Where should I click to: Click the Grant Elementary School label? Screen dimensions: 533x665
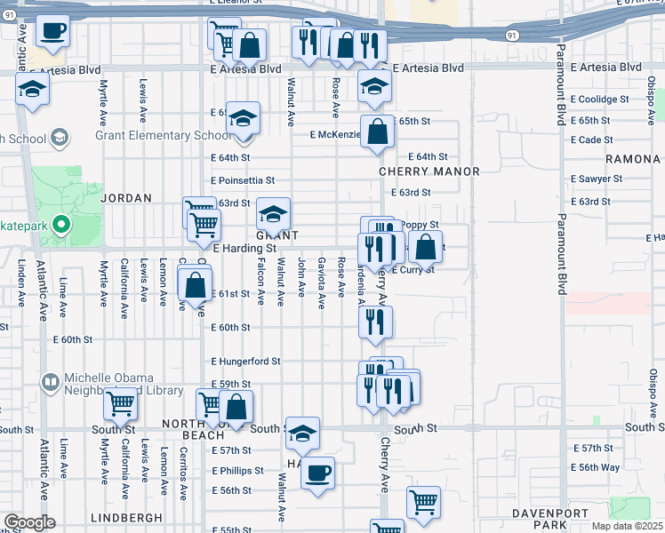164,136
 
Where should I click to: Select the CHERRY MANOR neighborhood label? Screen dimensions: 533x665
429,171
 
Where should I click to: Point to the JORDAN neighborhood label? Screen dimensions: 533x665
126,198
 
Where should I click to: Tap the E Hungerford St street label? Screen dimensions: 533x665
245,362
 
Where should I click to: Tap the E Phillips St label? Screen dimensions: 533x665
238,471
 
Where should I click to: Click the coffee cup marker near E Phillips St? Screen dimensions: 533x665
317,472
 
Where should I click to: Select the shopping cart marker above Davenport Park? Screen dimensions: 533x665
423,501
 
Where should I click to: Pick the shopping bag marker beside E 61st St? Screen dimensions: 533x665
195,286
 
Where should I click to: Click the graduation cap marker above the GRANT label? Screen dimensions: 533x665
273,213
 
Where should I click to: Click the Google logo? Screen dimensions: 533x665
29,522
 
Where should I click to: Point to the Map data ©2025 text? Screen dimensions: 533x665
628,526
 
